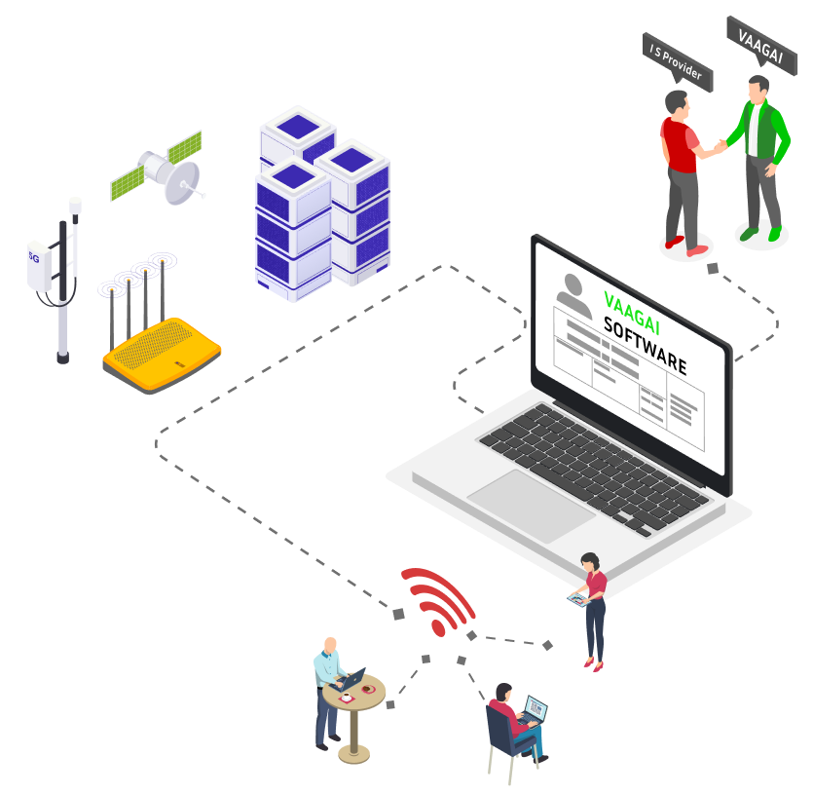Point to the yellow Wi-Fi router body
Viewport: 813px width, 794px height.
click(x=162, y=355)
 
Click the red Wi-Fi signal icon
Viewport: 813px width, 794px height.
click(x=438, y=599)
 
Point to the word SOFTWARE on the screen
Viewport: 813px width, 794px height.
click(x=645, y=345)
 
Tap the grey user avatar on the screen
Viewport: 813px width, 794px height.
click(x=573, y=292)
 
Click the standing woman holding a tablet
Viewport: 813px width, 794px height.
click(x=592, y=609)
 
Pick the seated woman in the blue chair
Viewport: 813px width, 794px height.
click(x=506, y=726)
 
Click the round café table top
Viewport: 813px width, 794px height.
click(x=355, y=693)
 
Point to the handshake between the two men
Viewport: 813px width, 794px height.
click(x=721, y=146)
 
